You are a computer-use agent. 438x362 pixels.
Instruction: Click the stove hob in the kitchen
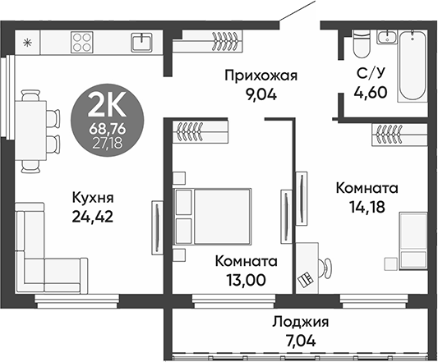coord(83,42)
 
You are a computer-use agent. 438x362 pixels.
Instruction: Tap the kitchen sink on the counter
coord(142,41)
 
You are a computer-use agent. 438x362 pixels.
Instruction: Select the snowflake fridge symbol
coord(28,41)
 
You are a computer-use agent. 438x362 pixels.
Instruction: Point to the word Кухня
coord(91,198)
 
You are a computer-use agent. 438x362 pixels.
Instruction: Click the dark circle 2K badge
coord(106,119)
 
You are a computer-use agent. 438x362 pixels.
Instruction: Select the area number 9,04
coord(260,94)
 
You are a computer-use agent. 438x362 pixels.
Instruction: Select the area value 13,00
coord(245,280)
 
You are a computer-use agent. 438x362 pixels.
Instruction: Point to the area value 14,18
coord(367,207)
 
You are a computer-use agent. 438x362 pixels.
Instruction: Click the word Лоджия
coord(300,321)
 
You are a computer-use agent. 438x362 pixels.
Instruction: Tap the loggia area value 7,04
coord(300,338)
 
